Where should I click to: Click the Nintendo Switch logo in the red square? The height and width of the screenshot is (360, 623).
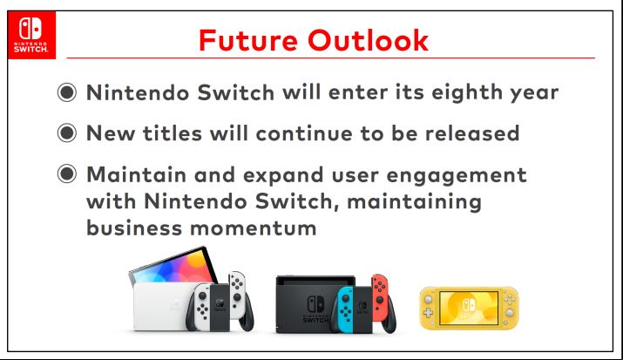pyautogui.click(x=31, y=35)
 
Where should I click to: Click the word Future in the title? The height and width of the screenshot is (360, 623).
pyautogui.click(x=248, y=40)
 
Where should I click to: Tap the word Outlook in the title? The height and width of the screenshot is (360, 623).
pyautogui.click(x=369, y=40)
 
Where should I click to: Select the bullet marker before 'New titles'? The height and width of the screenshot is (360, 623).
pyautogui.click(x=67, y=132)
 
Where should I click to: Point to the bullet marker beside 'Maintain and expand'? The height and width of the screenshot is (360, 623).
pyautogui.click(x=67, y=173)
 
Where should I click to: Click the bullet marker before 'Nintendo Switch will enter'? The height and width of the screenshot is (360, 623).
pyautogui.click(x=67, y=92)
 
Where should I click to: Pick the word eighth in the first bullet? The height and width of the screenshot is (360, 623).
pyautogui.click(x=467, y=92)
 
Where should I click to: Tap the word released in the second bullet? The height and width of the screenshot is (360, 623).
pyautogui.click(x=472, y=133)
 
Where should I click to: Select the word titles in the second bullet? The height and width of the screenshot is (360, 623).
pyautogui.click(x=173, y=133)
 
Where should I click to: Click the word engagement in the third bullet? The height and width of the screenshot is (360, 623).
pyautogui.click(x=457, y=175)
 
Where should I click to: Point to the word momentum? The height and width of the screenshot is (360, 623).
pyautogui.click(x=253, y=228)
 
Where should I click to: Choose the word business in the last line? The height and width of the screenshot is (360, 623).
pyautogui.click(x=134, y=228)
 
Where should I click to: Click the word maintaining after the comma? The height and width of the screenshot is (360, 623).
pyautogui.click(x=415, y=202)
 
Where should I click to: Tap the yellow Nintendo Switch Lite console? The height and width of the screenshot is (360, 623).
pyautogui.click(x=469, y=308)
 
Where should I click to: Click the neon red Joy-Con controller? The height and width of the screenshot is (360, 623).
pyautogui.click(x=380, y=292)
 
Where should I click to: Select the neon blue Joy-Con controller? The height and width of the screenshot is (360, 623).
pyautogui.click(x=345, y=309)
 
